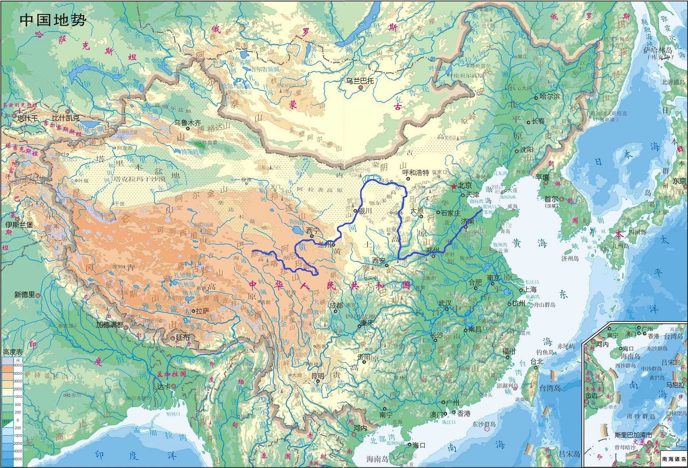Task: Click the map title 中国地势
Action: pyautogui.click(x=53, y=20)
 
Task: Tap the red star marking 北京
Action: pyautogui.click(x=453, y=186)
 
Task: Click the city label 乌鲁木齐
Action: pyautogui.click(x=187, y=123)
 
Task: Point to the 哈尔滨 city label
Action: pyautogui.click(x=550, y=97)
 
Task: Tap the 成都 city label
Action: pyautogui.click(x=336, y=306)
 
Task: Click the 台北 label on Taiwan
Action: pyautogui.click(x=537, y=361)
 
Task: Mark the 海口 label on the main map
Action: pyautogui.click(x=419, y=445)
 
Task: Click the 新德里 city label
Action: pyautogui.click(x=25, y=295)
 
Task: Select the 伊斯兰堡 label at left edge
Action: pyautogui.click(x=19, y=225)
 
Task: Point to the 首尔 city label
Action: pyautogui.click(x=551, y=199)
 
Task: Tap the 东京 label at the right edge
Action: pyautogui.click(x=679, y=181)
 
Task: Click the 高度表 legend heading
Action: pyautogui.click(x=13, y=352)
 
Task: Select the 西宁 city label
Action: pyautogui.click(x=312, y=231)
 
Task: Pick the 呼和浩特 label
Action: pyautogui.click(x=416, y=173)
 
